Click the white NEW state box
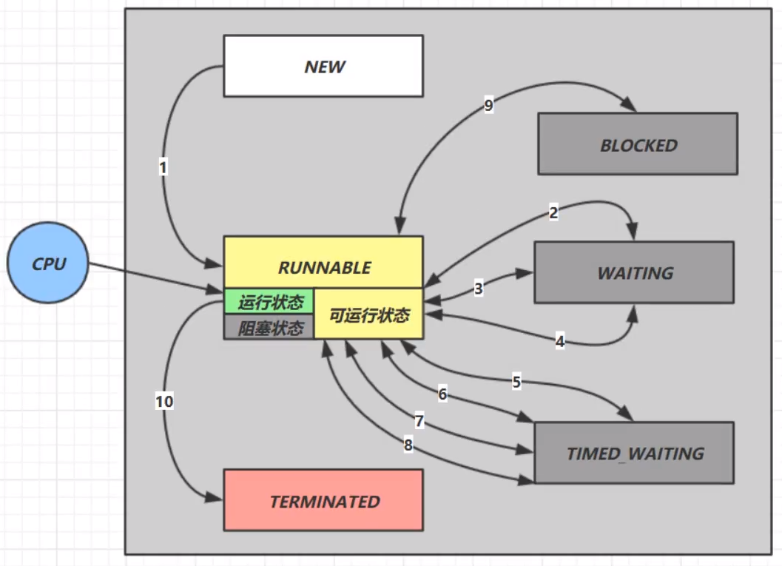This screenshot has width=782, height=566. pyautogui.click(x=323, y=66)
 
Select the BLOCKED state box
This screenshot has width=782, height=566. pyautogui.click(x=638, y=144)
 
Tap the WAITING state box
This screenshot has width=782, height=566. pyautogui.click(x=634, y=272)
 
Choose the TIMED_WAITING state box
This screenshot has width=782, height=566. pyautogui.click(x=634, y=453)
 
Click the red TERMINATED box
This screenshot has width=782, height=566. pyautogui.click(x=323, y=500)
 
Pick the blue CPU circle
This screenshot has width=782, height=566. pyautogui.click(x=48, y=263)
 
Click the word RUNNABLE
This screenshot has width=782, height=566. pyautogui.click(x=324, y=268)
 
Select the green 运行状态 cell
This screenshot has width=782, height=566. pyautogui.click(x=269, y=301)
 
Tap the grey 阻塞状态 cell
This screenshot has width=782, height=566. pyautogui.click(x=269, y=327)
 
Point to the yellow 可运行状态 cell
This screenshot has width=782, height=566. pyautogui.click(x=369, y=314)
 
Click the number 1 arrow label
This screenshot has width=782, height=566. pyautogui.click(x=163, y=167)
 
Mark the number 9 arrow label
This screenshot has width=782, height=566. pyautogui.click(x=489, y=105)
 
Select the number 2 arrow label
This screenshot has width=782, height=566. pyautogui.click(x=553, y=213)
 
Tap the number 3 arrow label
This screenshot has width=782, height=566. pyautogui.click(x=478, y=289)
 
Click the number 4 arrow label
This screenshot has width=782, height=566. pyautogui.click(x=560, y=341)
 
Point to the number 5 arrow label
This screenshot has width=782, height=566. pyautogui.click(x=516, y=382)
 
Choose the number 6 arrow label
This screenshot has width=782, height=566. pyautogui.click(x=442, y=394)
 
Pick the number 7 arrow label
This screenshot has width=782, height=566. pyautogui.click(x=419, y=421)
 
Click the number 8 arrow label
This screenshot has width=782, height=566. pyautogui.click(x=408, y=445)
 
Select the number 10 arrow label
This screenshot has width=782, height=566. pyautogui.click(x=164, y=402)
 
